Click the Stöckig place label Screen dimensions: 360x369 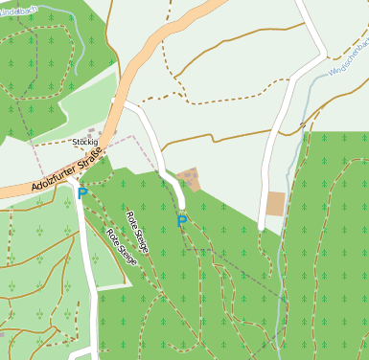85,142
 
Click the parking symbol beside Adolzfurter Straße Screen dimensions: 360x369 82,192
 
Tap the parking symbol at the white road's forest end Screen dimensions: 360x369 181,221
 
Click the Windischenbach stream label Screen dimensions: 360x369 347,58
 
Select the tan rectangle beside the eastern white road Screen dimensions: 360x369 276,203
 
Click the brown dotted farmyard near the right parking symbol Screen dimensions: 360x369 190,179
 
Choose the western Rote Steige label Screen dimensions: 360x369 122,246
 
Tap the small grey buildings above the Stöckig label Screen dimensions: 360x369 92,132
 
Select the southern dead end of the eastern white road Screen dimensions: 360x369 261,227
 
